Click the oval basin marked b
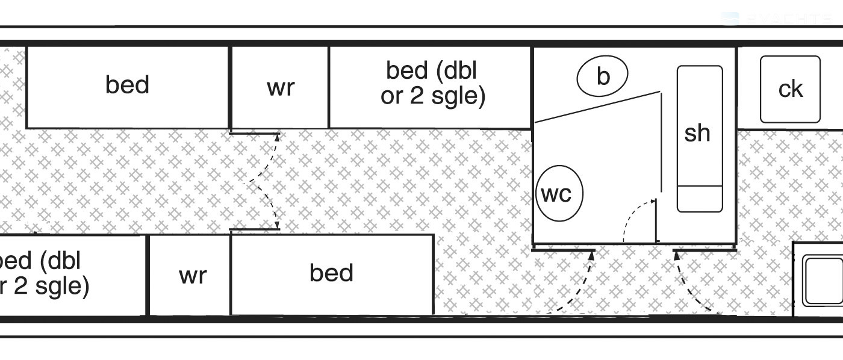(602, 76)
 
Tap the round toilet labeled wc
(559, 194)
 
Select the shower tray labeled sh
(699, 138)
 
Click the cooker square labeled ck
(790, 89)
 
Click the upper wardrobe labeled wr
(280, 87)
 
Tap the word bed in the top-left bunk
(127, 85)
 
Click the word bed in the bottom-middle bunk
(331, 273)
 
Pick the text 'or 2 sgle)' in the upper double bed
(432, 96)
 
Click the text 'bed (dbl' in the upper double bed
(431, 71)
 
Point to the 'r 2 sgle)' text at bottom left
(45, 285)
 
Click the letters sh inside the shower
(697, 133)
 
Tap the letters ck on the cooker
(790, 89)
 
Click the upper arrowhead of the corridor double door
(278, 137)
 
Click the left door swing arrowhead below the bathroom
(591, 255)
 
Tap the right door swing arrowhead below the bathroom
(676, 255)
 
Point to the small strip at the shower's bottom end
(699, 199)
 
